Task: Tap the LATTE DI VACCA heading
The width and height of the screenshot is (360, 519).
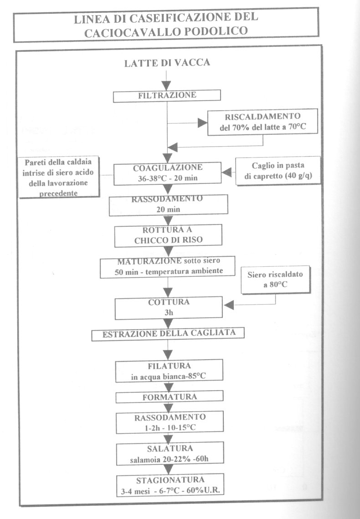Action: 167,63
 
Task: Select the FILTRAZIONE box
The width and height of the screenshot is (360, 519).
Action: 167,96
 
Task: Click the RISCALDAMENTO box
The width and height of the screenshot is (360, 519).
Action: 262,122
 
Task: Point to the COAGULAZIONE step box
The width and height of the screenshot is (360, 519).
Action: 168,173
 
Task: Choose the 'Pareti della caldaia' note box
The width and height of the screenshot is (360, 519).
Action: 59,177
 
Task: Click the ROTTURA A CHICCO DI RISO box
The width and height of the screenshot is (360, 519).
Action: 168,235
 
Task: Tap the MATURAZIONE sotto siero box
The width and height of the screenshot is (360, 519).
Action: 168,266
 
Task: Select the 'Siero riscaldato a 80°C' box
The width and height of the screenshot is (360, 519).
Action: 275,280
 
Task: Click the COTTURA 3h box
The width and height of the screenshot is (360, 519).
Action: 169,307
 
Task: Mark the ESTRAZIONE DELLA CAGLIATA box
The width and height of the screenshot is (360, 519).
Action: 168,334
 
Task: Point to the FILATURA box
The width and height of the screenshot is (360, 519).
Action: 169,371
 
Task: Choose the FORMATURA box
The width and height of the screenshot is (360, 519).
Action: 170,397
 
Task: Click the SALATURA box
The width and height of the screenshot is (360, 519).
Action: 170,453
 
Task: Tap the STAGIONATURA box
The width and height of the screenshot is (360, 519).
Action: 170,484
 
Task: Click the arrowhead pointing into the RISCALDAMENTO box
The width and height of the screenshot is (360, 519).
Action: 202,123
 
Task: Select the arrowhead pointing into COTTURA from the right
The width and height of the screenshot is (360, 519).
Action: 229,305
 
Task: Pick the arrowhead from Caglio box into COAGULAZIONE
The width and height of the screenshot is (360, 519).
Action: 226,173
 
